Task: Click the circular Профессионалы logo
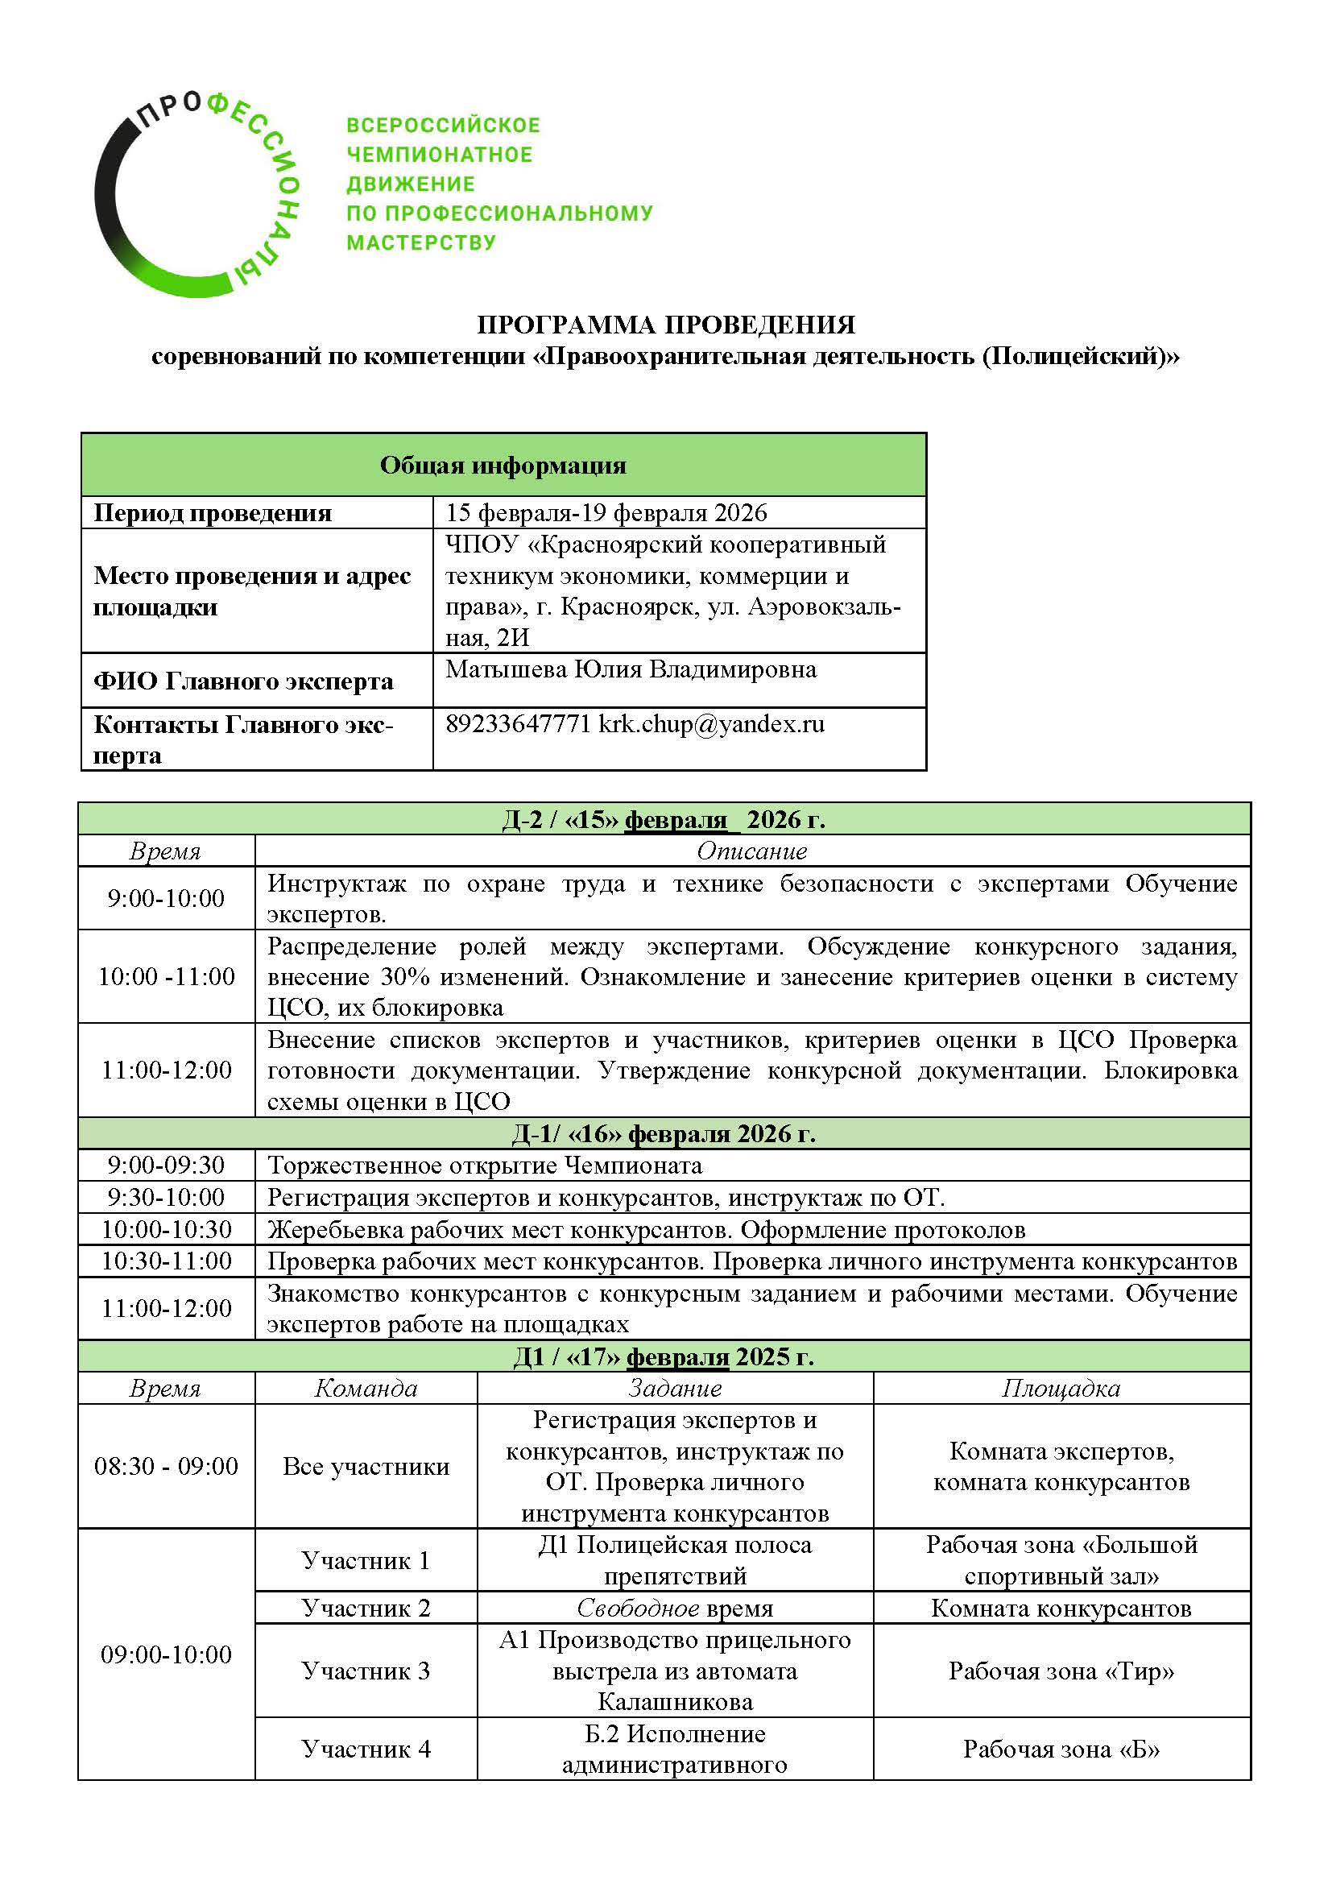pos(196,195)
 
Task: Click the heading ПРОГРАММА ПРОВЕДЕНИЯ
pos(665,325)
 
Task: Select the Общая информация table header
pos(503,466)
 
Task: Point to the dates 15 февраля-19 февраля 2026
pos(606,513)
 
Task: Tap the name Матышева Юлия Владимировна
pos(631,669)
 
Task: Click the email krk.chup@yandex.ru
pos(711,724)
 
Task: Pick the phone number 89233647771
pos(518,724)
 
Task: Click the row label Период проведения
pos(213,513)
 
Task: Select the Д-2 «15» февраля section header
pos(664,819)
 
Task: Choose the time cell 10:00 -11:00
pos(167,976)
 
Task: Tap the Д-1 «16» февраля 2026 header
pos(664,1133)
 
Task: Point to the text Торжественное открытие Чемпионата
pos(485,1166)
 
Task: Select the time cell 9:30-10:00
pos(167,1197)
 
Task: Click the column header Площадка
pos(1061,1389)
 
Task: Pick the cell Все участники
pos(366,1466)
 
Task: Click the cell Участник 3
pos(366,1671)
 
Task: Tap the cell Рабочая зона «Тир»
pos(1061,1671)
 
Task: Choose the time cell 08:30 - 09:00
pos(167,1466)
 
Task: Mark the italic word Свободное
pos(638,1608)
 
